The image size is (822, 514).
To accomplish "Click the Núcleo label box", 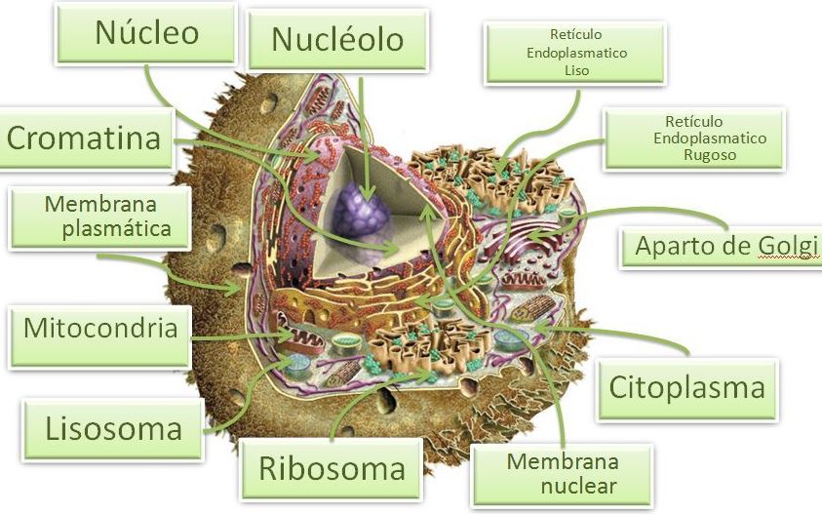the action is point(146,33).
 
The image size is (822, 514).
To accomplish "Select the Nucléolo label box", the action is point(338,40).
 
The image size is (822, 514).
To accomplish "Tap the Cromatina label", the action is point(86,138).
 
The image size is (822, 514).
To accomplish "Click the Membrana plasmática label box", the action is point(100,217).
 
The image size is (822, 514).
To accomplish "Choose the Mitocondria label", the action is point(99,336).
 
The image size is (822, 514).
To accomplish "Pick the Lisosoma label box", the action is point(113,429).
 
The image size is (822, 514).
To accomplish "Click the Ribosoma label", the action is point(332,469).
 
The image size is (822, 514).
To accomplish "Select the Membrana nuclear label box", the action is point(563,475).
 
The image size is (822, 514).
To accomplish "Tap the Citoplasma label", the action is point(687,388).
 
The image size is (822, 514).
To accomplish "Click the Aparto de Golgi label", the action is point(722,247).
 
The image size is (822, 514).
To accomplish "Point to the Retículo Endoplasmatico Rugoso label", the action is point(694,139).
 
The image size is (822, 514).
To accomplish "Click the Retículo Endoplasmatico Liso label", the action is point(575,53).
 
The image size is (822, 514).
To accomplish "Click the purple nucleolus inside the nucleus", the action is point(361,211).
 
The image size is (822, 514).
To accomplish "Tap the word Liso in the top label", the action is point(576,70).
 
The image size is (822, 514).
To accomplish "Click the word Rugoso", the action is point(710,155).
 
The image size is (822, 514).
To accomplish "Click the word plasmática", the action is point(116,229).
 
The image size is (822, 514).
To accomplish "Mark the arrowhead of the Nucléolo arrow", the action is point(368,195).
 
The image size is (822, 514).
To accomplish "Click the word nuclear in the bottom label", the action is point(578,486).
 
